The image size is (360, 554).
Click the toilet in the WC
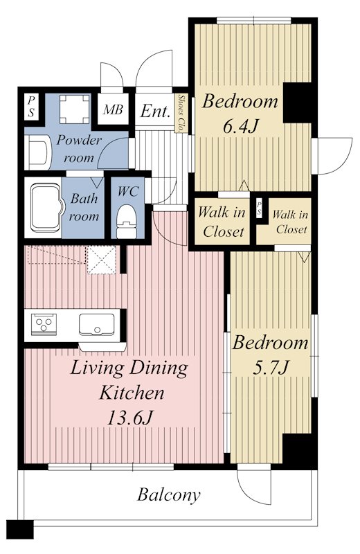127,222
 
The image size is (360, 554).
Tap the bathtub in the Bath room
45,207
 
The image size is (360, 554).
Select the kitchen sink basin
96,324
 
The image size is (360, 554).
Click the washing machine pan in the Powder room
75,109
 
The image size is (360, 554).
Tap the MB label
113,110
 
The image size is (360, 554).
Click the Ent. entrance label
155,111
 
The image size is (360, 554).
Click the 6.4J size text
242,126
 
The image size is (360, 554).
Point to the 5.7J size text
271,368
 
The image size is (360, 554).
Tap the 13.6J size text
129,418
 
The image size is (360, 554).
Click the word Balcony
168,495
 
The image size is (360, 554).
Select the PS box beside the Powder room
31,107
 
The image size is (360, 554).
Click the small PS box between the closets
260,208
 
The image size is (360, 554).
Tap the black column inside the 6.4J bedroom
297,102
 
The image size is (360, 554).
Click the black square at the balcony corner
20,529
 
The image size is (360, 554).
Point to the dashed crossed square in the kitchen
101,260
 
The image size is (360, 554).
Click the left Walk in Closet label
222,222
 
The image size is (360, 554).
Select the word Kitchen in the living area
132,393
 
